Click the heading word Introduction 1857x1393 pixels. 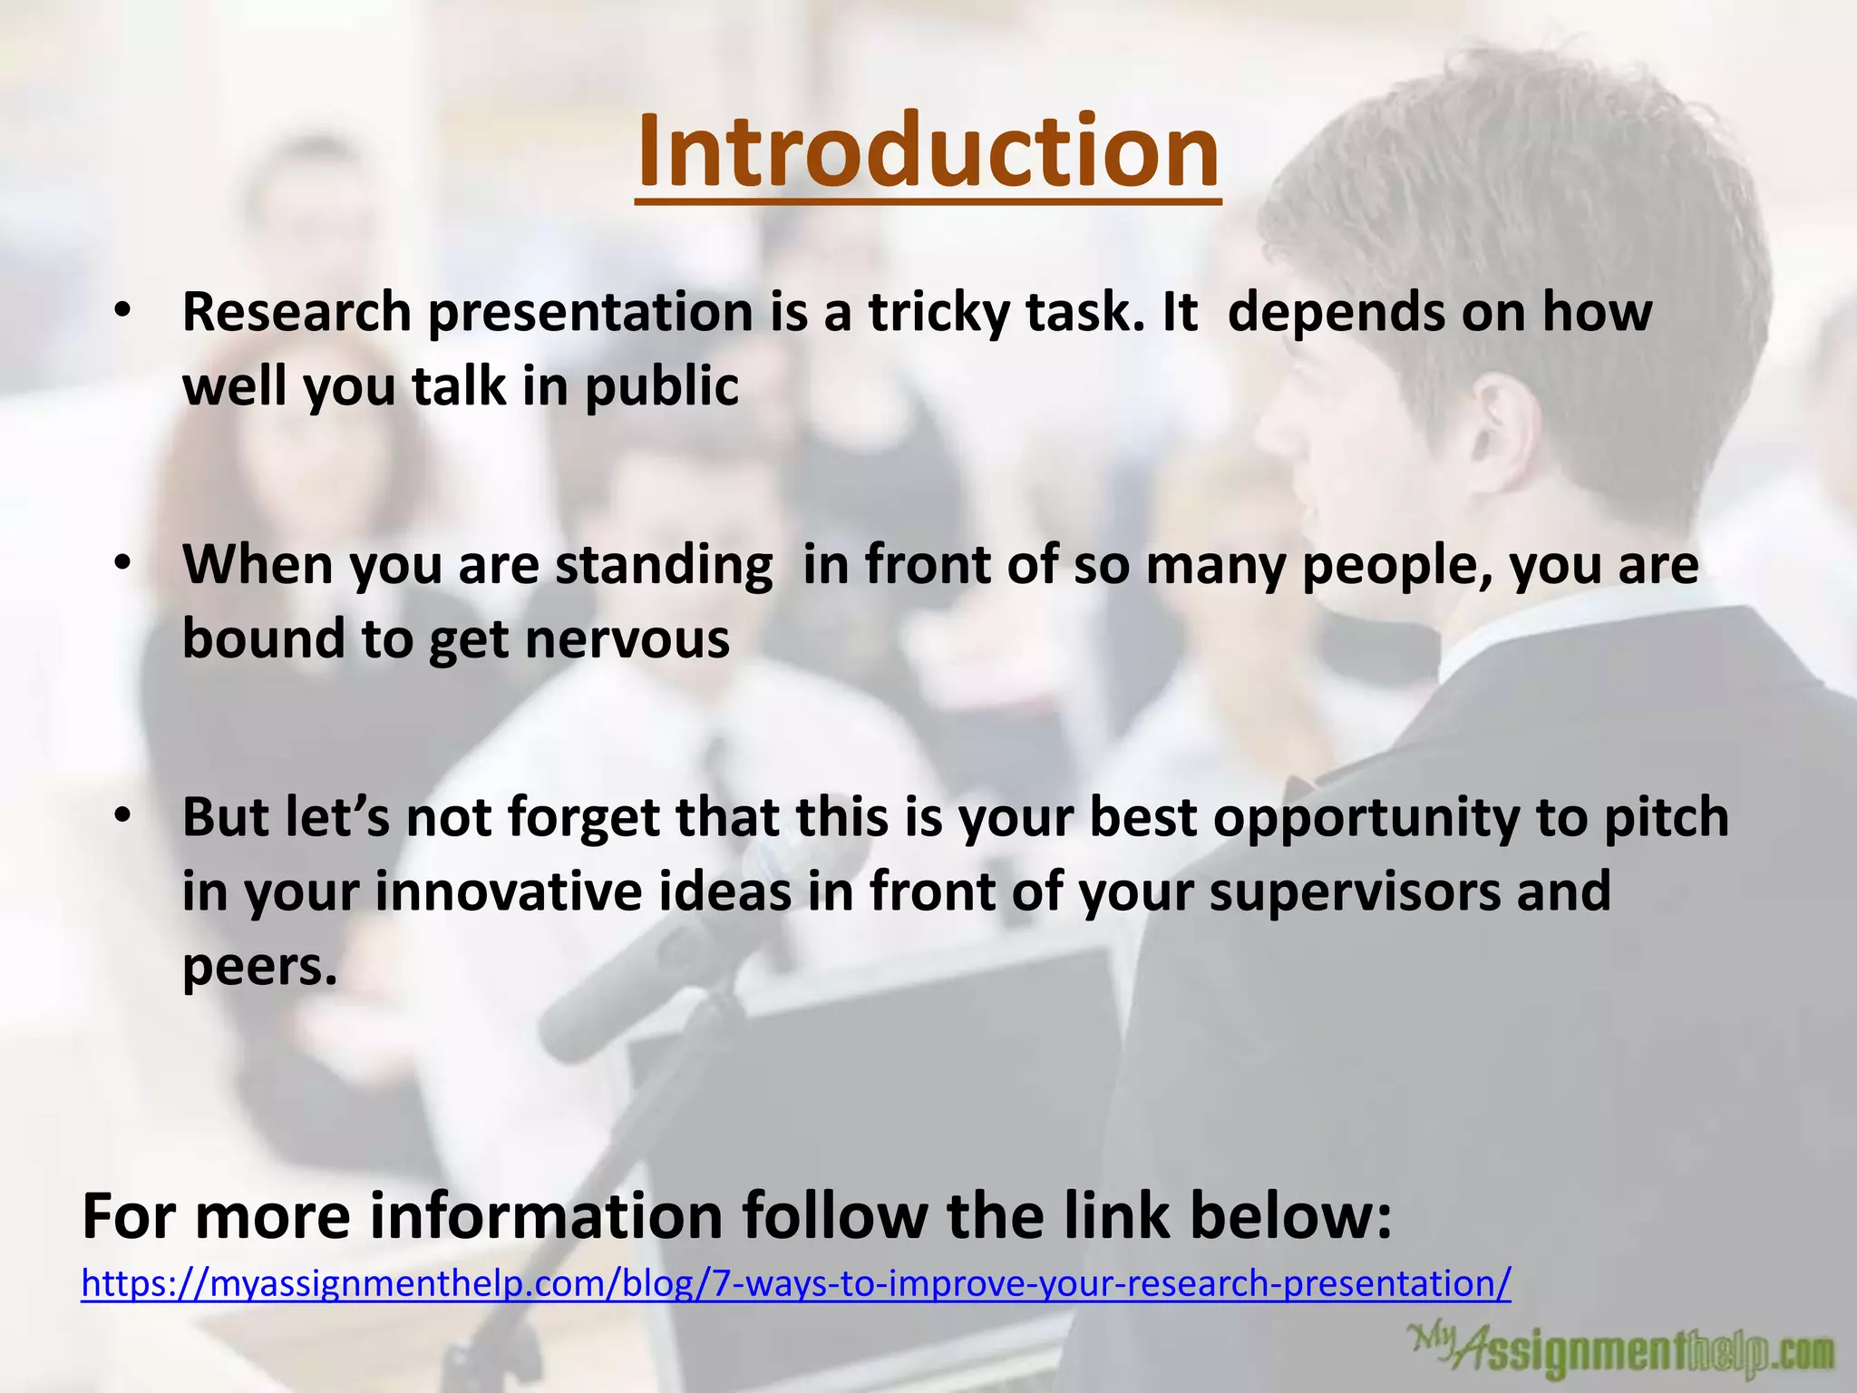928,151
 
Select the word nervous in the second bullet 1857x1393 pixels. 627,638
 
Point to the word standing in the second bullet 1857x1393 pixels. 664,566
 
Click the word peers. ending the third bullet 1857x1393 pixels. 259,967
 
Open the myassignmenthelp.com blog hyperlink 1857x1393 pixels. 795,1283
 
